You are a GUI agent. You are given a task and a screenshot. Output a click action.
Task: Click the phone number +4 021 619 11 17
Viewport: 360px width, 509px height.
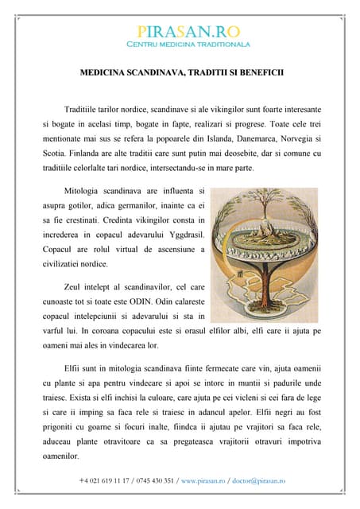(x=108, y=481)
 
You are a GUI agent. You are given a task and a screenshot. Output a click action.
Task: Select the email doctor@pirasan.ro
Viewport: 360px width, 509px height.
(x=258, y=481)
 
